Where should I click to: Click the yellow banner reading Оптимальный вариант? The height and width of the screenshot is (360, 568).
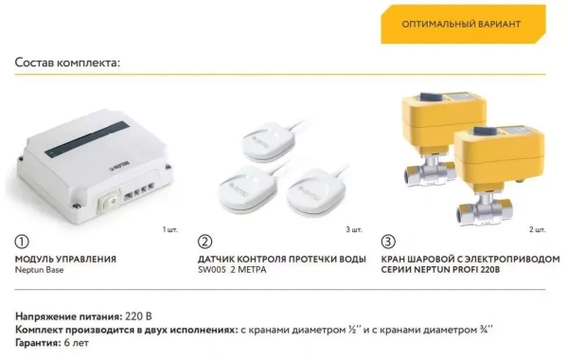463,25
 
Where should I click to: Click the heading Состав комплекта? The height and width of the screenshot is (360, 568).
67,63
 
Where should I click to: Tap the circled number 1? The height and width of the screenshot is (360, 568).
22,242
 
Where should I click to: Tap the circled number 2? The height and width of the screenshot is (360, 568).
205,242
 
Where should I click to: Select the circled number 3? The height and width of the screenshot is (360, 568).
388,242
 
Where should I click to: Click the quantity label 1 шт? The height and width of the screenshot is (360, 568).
170,229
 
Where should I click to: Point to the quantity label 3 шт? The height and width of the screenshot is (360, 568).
354,229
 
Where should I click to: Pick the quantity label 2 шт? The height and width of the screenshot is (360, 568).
537,229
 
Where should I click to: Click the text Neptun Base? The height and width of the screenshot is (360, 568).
39,270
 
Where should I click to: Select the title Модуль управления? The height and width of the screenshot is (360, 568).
65,260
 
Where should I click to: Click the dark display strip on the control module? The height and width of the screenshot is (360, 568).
87,139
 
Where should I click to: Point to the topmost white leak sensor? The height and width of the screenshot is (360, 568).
269,141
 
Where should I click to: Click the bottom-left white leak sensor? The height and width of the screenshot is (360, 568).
247,189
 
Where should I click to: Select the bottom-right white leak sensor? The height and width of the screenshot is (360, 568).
316,192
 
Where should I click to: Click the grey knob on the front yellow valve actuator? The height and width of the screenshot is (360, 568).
485,131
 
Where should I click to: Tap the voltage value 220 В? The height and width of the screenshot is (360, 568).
138,316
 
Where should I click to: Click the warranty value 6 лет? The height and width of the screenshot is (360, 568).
76,343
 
